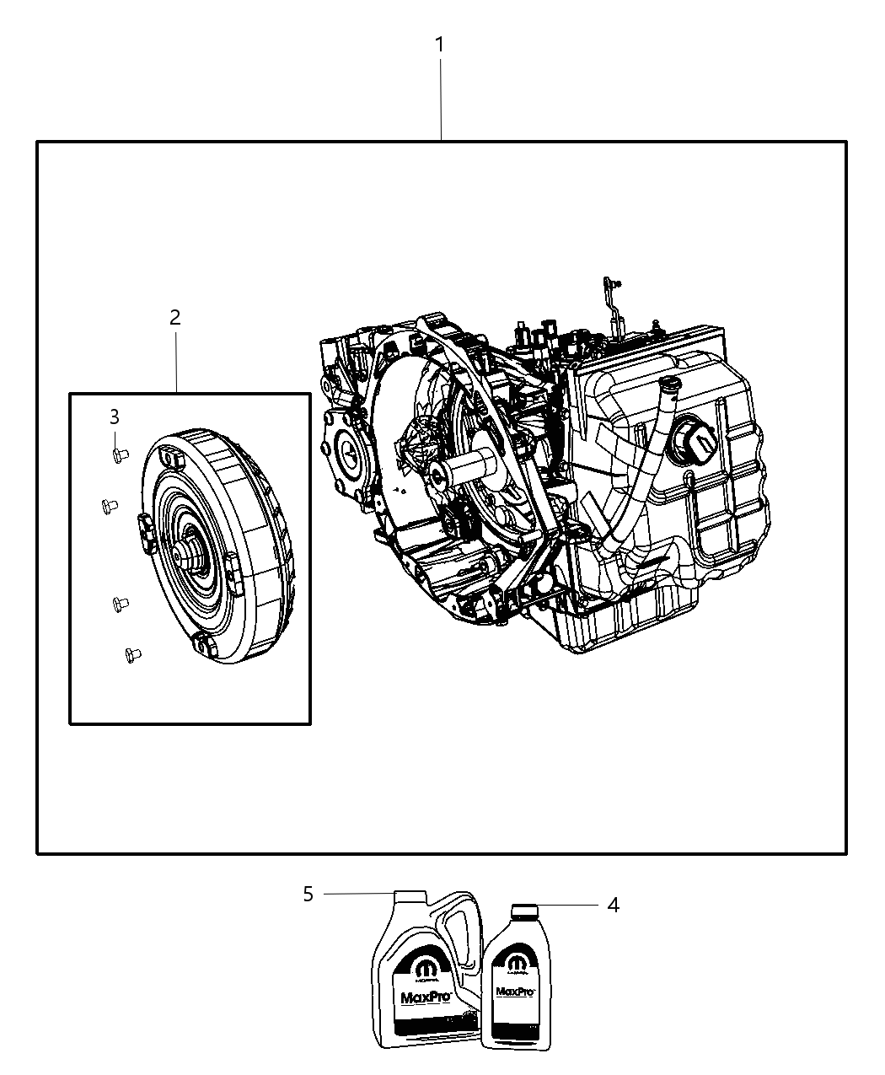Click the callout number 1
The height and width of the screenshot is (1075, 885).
pos(439,45)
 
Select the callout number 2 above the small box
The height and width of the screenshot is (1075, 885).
pos(174,318)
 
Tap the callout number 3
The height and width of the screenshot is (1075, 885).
pos(114,417)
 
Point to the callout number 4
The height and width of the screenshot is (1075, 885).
pos(613,905)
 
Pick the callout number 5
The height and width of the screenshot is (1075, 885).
pos(308,894)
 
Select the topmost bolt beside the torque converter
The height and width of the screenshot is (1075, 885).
pos(119,455)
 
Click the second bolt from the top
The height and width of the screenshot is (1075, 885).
pos(107,506)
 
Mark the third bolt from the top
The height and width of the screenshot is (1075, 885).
pos(119,603)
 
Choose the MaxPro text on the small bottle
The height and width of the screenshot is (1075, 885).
pos(515,992)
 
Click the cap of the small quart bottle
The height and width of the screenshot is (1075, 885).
pos(523,910)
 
